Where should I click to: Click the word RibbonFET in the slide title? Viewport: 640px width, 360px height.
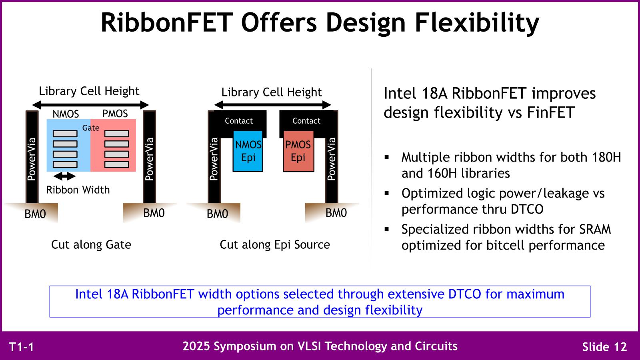click(x=166, y=22)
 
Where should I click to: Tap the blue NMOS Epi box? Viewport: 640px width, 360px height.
click(x=248, y=151)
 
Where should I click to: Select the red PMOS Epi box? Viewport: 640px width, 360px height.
click(x=298, y=151)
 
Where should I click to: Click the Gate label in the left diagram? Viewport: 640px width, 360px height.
click(x=91, y=128)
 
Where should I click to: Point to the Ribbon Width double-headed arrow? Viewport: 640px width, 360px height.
click(x=64, y=176)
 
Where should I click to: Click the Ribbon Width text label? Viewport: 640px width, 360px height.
click(x=78, y=190)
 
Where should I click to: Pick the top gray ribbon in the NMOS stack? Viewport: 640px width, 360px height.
click(x=65, y=134)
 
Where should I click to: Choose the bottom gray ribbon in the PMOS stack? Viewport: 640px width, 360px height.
click(x=116, y=164)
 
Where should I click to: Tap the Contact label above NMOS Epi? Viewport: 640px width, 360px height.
click(x=239, y=121)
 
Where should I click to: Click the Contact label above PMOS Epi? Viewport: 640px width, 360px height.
click(x=306, y=121)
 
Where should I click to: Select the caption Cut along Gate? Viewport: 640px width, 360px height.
click(x=91, y=244)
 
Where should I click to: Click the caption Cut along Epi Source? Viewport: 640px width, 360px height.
click(x=275, y=245)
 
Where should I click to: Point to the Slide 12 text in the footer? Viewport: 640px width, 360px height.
click(x=604, y=347)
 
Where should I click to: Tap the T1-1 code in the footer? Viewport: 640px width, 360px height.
click(x=22, y=347)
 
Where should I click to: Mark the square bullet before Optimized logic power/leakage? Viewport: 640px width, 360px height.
click(x=387, y=193)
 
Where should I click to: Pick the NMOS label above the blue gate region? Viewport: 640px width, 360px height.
click(x=66, y=114)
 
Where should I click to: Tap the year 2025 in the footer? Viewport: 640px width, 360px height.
click(x=196, y=346)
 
